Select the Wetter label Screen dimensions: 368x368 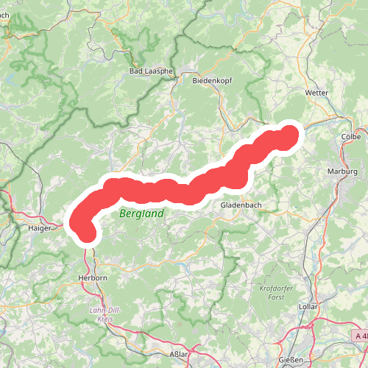coord(317,93)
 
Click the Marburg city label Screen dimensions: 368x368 coord(342,172)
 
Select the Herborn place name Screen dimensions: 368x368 coord(92,278)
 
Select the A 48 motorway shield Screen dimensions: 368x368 coord(358,336)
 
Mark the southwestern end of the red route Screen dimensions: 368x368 coord(87,233)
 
